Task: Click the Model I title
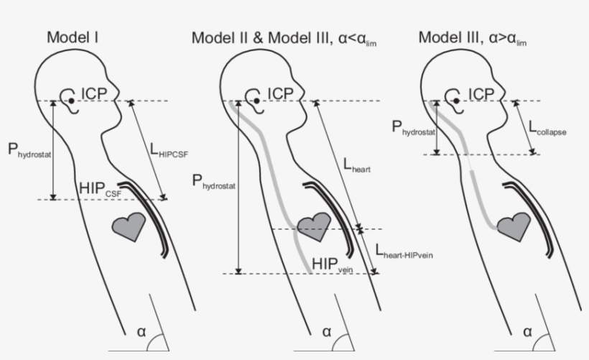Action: point(73,37)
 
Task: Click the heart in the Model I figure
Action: point(130,226)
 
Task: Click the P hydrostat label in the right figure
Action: point(414,129)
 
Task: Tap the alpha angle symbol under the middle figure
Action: point(326,332)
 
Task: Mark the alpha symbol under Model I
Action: point(141,332)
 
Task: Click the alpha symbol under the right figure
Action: point(527,332)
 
